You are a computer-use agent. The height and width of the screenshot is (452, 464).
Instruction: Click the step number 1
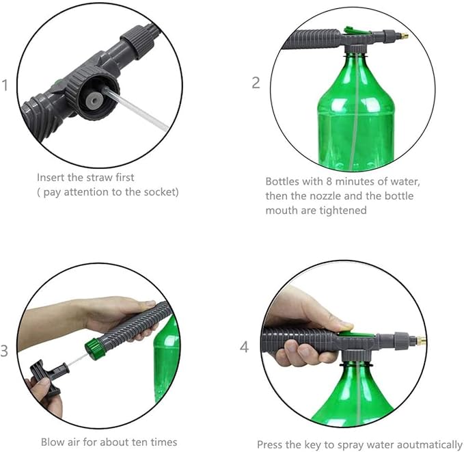point(5,85)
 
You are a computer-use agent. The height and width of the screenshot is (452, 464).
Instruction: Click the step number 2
point(256,83)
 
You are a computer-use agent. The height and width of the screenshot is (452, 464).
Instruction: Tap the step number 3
point(5,351)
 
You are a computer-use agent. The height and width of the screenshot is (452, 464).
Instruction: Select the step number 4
point(245,347)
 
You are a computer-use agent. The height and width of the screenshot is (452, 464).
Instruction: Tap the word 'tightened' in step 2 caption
point(344,211)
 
